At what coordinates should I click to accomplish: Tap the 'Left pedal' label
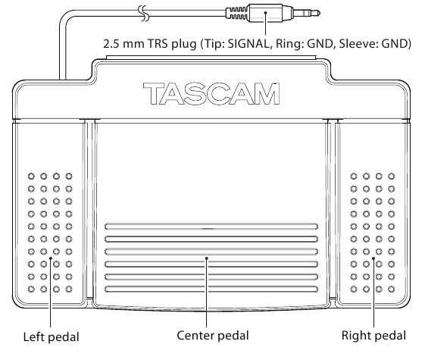pos(51,335)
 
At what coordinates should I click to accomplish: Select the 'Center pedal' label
pos(212,334)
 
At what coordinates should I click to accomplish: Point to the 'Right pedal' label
pos(373,334)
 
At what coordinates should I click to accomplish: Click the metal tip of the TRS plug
pos(311,12)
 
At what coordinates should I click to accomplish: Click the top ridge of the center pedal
pos(211,226)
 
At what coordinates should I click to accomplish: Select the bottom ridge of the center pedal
pos(211,290)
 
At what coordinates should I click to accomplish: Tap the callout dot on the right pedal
pos(373,261)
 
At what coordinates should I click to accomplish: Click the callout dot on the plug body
pos(264,13)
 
